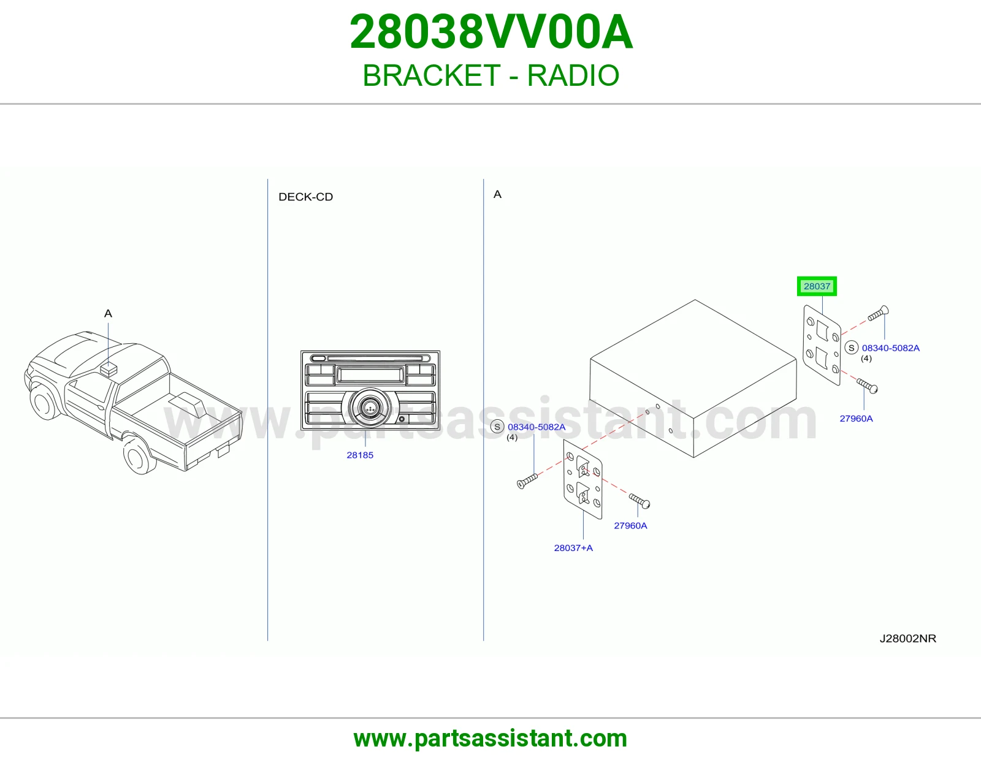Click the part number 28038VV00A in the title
[490, 32]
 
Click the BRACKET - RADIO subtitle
[490, 75]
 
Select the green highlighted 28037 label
[817, 286]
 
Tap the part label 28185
[360, 455]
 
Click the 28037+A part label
[573, 548]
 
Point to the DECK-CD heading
[305, 197]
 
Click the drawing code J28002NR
[908, 639]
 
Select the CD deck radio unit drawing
[370, 390]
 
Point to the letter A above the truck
[108, 313]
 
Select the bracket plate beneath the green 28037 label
[822, 345]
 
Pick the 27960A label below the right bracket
[856, 419]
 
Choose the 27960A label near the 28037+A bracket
[630, 525]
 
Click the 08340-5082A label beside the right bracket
[890, 348]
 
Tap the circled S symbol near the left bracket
[497, 427]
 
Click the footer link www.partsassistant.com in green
[490, 739]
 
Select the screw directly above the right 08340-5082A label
[878, 313]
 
